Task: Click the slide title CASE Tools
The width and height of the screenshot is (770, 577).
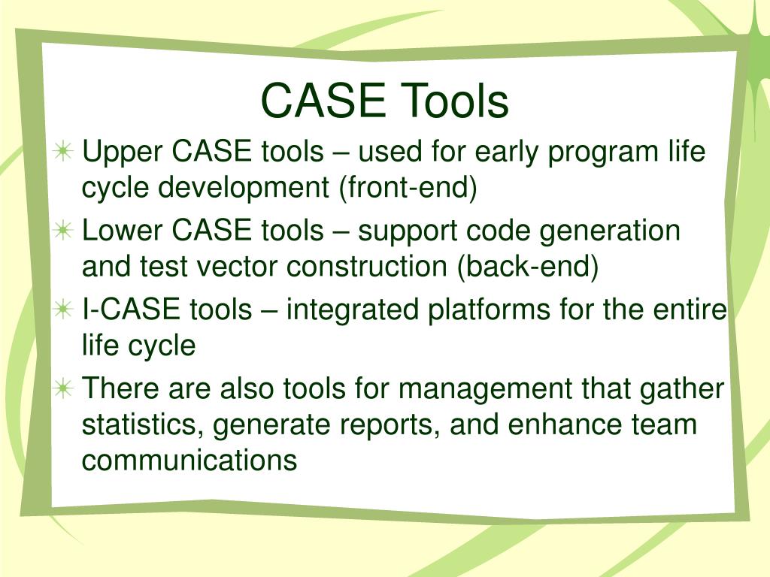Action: [x=385, y=101]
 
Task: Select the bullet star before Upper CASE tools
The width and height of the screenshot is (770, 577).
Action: [x=64, y=152]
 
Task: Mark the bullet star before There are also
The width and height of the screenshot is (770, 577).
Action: [x=64, y=388]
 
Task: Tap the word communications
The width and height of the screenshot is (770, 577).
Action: [x=189, y=460]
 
